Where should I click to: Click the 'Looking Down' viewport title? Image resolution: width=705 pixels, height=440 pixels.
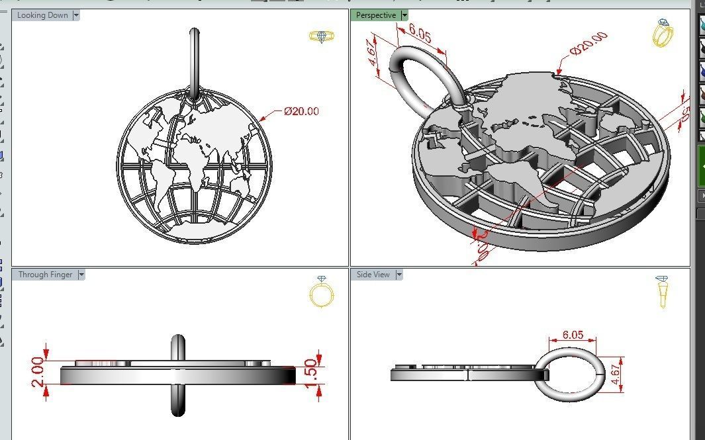(42, 15)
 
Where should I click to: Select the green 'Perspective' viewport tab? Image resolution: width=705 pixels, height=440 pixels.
(376, 15)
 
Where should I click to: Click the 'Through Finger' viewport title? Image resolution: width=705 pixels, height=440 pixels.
(45, 275)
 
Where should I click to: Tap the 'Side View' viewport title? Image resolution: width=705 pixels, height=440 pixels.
(373, 275)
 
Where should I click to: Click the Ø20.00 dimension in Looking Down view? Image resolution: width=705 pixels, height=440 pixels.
(301, 111)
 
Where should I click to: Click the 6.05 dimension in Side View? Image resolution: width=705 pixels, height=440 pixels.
(572, 335)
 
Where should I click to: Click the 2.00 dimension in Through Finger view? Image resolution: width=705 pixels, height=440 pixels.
(37, 371)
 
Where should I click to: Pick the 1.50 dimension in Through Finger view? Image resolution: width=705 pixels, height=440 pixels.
(310, 372)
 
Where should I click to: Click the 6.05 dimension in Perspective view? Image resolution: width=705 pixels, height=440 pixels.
(420, 34)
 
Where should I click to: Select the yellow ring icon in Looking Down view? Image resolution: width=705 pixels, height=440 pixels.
(322, 37)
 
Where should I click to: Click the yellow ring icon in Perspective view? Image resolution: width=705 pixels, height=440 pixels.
(663, 33)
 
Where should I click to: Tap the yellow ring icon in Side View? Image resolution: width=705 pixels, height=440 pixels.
(663, 292)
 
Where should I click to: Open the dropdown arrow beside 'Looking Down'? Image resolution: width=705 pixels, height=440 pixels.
(75, 15)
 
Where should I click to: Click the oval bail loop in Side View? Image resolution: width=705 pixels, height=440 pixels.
(571, 375)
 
